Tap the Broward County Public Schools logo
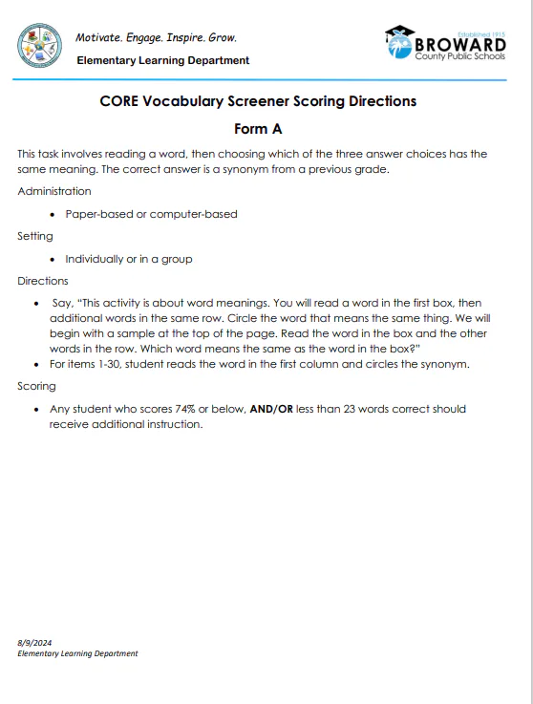click(444, 45)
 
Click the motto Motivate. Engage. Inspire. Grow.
click(156, 38)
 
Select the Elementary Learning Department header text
click(163, 60)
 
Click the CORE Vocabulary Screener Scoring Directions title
click(258, 101)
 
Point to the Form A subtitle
click(258, 129)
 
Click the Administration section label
click(54, 191)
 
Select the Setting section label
click(35, 236)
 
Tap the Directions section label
click(43, 281)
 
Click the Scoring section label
click(36, 386)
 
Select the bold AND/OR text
click(270, 409)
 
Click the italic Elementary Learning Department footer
click(77, 653)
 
